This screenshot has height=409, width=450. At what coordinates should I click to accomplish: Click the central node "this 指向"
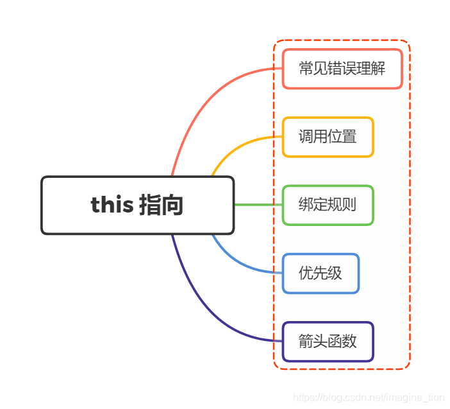[137, 205]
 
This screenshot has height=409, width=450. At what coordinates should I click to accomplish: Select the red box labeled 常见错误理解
[342, 69]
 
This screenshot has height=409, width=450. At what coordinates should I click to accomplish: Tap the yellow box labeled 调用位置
[328, 137]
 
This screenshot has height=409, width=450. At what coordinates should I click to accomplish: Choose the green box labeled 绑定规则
[328, 205]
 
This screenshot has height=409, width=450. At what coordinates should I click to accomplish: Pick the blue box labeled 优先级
[321, 274]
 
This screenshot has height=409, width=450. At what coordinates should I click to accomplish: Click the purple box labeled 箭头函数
[328, 342]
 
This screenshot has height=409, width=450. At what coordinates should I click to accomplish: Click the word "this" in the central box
[112, 205]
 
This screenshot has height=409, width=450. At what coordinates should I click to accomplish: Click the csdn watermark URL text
[368, 398]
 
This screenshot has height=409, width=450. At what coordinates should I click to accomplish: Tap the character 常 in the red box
[306, 69]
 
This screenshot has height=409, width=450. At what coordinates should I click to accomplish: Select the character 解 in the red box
[378, 69]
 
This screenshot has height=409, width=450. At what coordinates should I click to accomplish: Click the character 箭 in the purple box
[306, 342]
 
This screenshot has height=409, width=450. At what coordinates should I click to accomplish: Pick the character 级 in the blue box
[335, 274]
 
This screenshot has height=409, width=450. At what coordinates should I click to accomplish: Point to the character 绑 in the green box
[306, 205]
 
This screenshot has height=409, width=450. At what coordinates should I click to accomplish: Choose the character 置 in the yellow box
[349, 137]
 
